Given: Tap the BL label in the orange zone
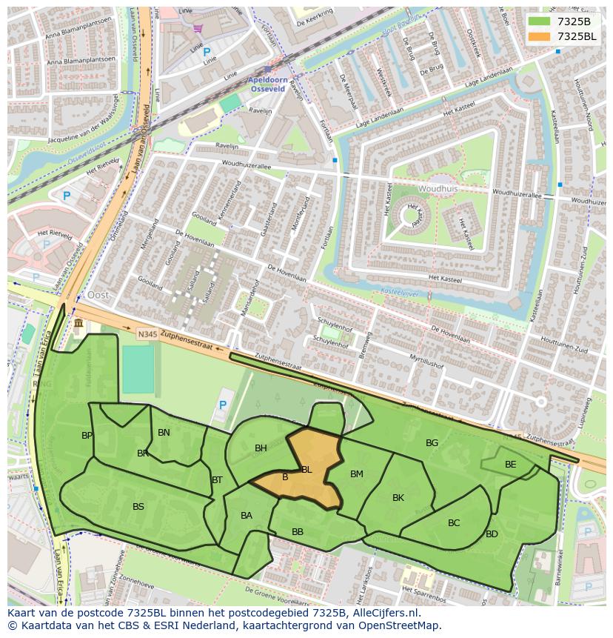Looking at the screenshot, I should point(306,470).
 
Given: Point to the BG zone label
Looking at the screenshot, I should point(432,443).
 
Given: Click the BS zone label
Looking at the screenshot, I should point(138,507).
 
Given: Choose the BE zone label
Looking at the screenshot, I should point(510,465).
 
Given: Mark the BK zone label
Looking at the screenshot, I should point(398,498).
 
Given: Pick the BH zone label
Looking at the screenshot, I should point(261,448).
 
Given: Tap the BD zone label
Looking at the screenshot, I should point(492,534).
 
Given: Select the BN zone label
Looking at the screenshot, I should point(164,433).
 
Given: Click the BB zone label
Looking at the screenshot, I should point(298,532).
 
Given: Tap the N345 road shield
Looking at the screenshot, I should point(147,334).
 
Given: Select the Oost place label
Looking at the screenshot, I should point(98,295).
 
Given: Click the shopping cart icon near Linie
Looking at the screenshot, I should point(198,28).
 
